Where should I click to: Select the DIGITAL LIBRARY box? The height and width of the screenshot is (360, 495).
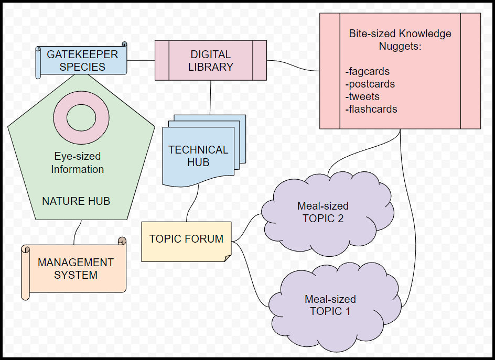pos(210,61)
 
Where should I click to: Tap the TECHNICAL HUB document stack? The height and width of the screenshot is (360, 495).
pos(198,156)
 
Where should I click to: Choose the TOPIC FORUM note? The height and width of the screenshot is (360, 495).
pos(186,239)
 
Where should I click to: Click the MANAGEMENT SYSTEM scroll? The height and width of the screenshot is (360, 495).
pos(76,268)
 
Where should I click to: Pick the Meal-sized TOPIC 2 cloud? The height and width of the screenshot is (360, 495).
pos(323,212)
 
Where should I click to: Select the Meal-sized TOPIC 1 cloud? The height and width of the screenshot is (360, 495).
pos(330,305)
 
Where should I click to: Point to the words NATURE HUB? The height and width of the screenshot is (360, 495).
pos(76,201)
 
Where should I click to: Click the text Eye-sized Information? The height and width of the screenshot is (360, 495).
pos(78,162)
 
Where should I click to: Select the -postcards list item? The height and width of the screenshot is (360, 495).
pos(370,84)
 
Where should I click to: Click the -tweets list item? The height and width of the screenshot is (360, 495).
pos(362,96)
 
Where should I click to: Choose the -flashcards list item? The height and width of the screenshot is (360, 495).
pos(371,109)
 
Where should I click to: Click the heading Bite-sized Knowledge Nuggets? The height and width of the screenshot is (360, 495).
pos(400,40)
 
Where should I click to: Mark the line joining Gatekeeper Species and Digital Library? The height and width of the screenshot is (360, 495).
pos(141,60)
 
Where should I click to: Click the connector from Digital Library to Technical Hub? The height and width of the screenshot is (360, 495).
pos(210,97)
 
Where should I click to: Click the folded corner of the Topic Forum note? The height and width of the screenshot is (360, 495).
pos(228,258)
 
